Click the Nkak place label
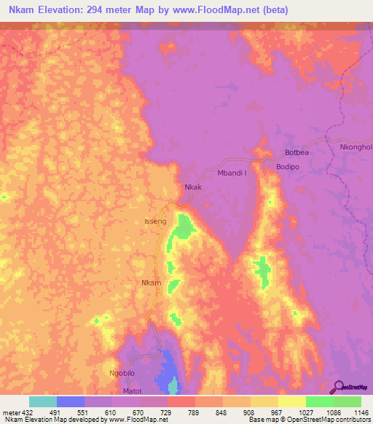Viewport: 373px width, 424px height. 193,187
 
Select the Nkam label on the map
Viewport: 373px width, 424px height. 150,283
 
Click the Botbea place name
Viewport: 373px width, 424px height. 299,154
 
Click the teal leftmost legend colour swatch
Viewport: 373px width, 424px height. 42,401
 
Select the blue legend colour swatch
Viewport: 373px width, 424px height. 70,401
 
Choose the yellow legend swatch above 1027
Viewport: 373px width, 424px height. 291,401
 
